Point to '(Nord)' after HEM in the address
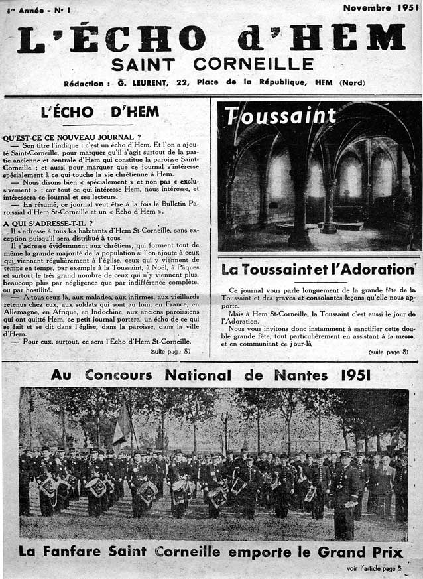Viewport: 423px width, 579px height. [x=355, y=83]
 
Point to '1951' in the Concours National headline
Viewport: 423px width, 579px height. [x=355, y=375]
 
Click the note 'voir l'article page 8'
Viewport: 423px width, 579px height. [x=373, y=568]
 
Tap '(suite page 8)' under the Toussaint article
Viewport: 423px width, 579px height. [x=389, y=352]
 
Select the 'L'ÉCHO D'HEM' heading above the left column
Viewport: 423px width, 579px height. [x=100, y=112]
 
